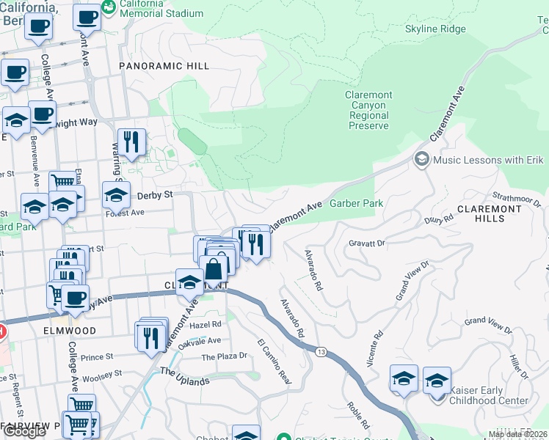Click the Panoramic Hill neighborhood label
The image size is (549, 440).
[164, 66]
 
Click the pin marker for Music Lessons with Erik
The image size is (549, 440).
[422, 159]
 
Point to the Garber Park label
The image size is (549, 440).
[357, 203]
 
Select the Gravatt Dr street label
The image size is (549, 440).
[367, 243]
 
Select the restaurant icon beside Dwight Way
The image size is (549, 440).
[131, 142]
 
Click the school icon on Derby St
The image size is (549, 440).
[116, 194]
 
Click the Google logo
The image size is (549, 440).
[24, 431]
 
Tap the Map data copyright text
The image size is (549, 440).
[517, 434]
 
